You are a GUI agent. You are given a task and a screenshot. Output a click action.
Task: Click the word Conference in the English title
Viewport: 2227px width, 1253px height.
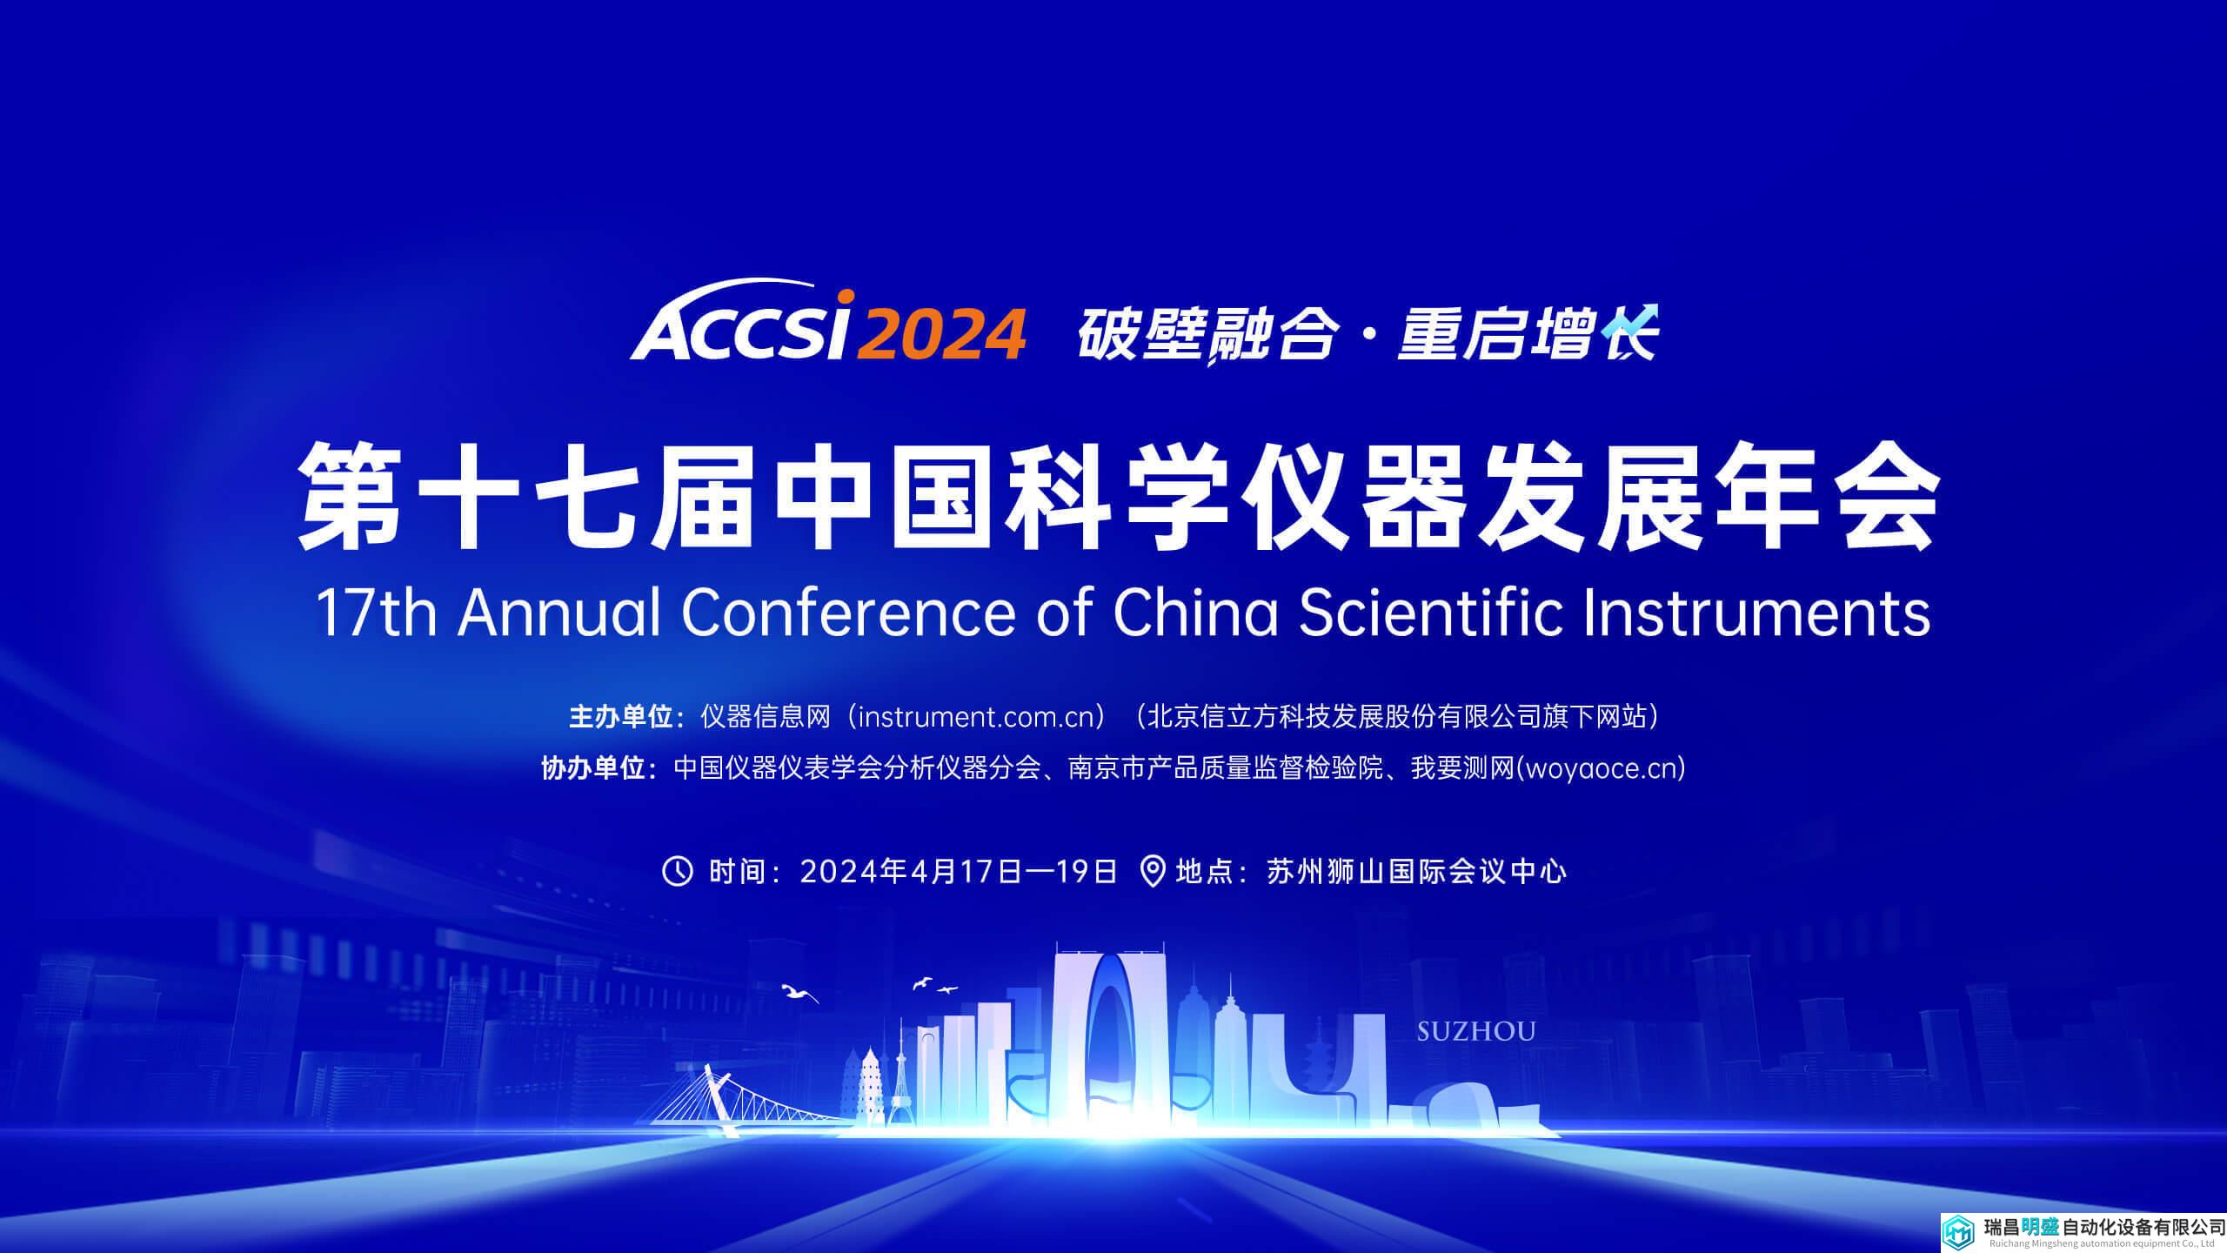click(848, 613)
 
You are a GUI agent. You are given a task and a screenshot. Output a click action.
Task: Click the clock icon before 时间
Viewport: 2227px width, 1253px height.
click(678, 871)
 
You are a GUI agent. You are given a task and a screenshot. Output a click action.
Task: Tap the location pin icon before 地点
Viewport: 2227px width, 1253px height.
click(1152, 871)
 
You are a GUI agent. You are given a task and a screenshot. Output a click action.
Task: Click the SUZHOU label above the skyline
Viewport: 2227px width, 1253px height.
click(1476, 1032)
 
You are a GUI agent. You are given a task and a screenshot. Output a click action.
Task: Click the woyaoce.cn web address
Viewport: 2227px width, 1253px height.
click(1601, 769)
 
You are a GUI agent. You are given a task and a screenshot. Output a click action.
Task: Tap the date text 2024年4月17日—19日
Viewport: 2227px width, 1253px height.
click(958, 871)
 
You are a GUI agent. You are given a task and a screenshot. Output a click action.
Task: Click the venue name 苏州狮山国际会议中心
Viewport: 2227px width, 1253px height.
click(1417, 871)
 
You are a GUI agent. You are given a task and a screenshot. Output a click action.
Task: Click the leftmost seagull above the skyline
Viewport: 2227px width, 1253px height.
click(799, 993)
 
